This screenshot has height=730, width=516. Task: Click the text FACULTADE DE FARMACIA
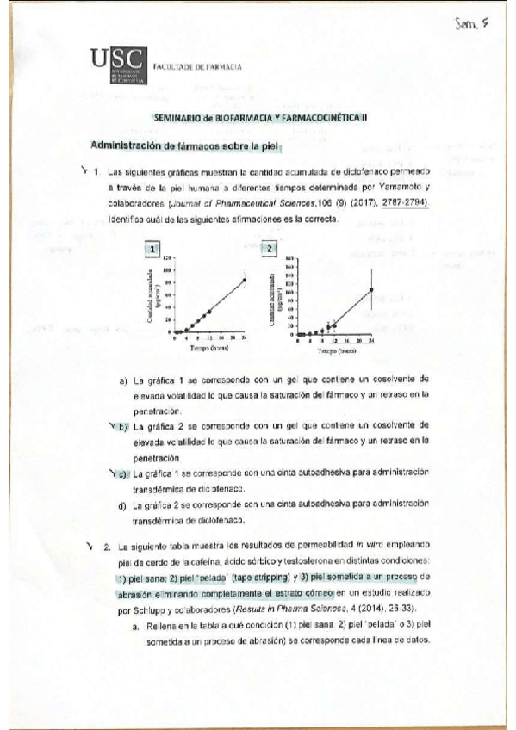tap(196, 66)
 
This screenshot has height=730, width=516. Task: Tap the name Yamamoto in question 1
tap(402, 187)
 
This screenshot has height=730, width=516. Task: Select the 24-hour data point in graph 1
tap(245, 280)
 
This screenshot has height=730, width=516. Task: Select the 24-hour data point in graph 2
tap(371, 289)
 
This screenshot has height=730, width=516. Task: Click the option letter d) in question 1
tap(124, 504)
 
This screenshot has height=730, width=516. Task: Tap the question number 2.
tap(105, 547)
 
